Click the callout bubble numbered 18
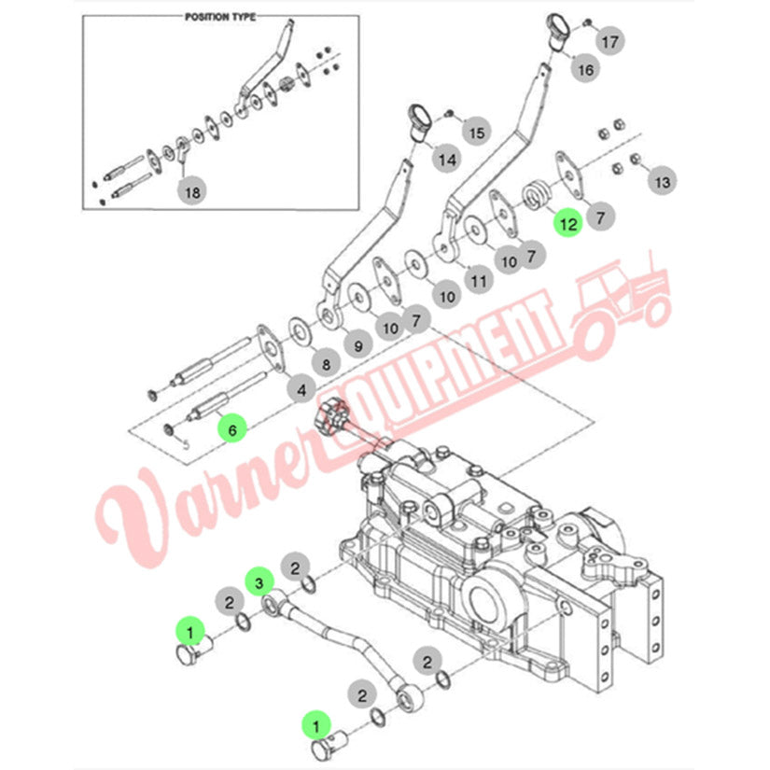coord(192,192)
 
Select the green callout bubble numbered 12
coord(568,224)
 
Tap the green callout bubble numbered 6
coord(232,430)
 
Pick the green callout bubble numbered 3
coord(259,582)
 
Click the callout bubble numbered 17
coord(609,42)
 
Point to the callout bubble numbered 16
coord(585,70)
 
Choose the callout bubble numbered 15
coord(476,133)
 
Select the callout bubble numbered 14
coord(447,160)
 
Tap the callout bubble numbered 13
coord(662,182)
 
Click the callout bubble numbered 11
coord(479,281)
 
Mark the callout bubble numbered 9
coord(358,346)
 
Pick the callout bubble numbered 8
coord(326,364)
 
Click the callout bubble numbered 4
coord(301,390)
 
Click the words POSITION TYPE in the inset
coord(220,17)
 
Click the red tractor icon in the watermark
coord(622,304)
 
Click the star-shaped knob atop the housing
coord(333,413)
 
